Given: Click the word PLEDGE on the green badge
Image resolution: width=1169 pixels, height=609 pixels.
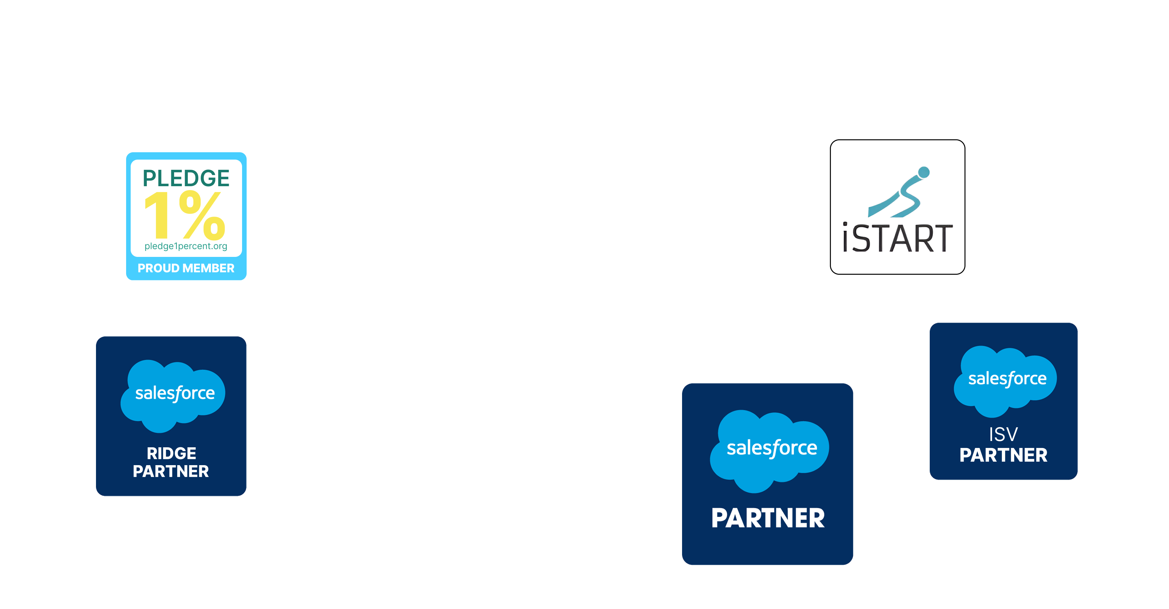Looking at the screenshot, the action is click(186, 178).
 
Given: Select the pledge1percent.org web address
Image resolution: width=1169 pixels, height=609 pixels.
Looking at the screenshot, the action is click(186, 246).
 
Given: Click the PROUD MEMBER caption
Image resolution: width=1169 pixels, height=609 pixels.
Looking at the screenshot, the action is click(186, 268).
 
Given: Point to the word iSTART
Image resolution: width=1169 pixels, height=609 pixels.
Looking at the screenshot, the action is click(897, 238).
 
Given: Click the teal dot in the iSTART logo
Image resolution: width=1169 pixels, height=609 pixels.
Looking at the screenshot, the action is click(923, 172).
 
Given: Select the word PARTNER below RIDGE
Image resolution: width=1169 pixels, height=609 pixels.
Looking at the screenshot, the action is click(171, 471).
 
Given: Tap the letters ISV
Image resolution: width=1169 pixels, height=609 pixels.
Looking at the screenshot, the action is click(1003, 434).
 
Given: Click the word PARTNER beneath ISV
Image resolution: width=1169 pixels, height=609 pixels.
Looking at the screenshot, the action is click(1003, 455).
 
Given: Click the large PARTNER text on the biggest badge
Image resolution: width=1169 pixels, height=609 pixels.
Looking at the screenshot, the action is click(768, 518).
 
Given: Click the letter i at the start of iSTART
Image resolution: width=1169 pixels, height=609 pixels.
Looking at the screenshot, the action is click(845, 238).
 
